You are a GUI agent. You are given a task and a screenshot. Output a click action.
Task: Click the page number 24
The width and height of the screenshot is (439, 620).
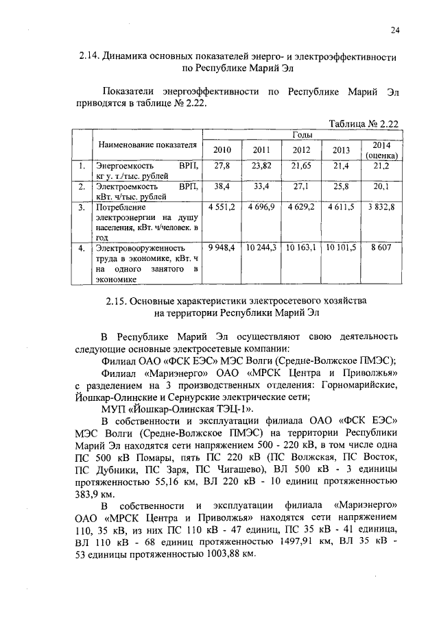click(395, 29)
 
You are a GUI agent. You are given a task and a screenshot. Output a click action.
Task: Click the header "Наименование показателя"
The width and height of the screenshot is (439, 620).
click(147, 145)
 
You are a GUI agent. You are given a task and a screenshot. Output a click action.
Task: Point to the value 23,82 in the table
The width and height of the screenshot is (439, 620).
click(262, 166)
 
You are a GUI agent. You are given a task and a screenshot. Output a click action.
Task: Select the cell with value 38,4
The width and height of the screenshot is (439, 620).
click(223, 186)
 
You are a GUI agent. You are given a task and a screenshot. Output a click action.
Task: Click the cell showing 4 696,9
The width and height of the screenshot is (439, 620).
click(262, 206)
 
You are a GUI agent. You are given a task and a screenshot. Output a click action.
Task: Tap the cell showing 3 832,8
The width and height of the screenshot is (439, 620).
click(381, 206)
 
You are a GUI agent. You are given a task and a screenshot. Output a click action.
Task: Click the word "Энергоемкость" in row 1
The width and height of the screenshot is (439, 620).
click(125, 166)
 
